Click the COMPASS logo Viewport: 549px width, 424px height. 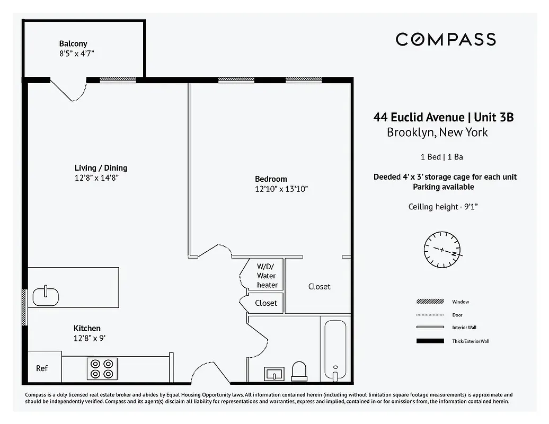[446, 39]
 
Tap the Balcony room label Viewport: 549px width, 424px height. [73, 43]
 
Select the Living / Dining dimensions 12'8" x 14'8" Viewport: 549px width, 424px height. [96, 178]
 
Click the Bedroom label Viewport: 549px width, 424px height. [271, 179]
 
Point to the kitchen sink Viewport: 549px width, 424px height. [46, 296]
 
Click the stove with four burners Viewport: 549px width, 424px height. [101, 368]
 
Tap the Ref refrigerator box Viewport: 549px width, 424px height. [42, 368]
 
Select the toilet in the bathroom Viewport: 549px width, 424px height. [299, 371]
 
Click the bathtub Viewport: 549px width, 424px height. [335, 348]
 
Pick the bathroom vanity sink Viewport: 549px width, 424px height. [274, 374]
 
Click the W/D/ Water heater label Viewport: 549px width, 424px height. [267, 276]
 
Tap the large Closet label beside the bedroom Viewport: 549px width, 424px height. [319, 287]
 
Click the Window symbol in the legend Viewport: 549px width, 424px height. [430, 302]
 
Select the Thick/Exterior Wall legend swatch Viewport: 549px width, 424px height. [430, 341]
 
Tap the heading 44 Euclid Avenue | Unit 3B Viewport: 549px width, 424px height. [444, 117]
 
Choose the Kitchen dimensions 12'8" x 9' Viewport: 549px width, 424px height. [93, 338]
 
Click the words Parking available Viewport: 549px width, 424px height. [444, 187]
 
